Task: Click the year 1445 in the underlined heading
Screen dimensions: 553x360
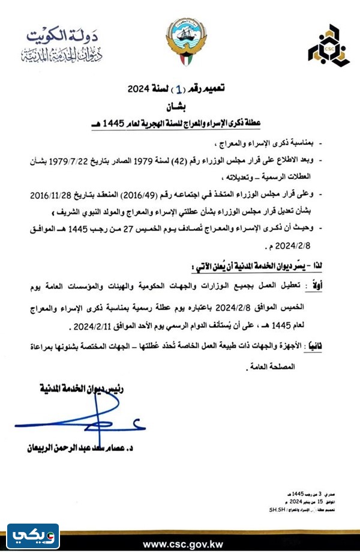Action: pyautogui.click(x=133, y=124)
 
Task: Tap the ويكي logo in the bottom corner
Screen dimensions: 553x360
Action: pyautogui.click(x=32, y=533)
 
